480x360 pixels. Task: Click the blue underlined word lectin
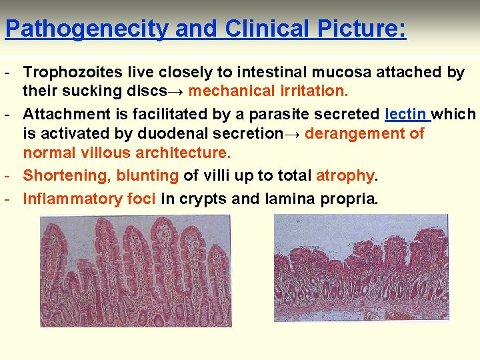click(407, 114)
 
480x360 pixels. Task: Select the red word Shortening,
click(67, 176)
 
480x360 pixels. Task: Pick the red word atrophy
click(345, 176)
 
